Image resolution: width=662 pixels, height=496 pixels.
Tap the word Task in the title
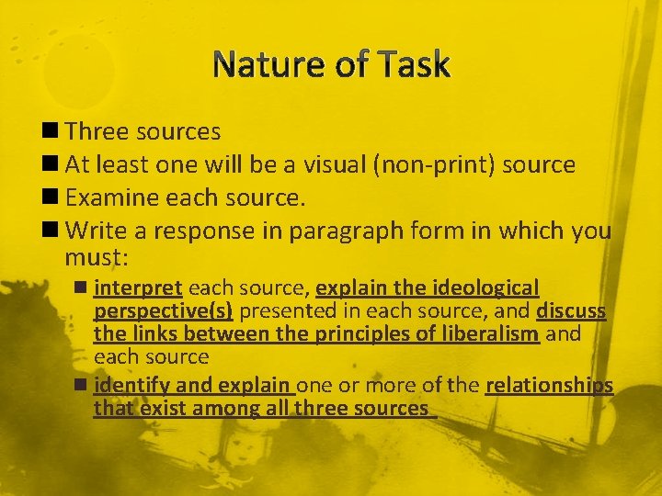[412, 65]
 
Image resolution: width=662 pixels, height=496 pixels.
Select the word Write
[96, 231]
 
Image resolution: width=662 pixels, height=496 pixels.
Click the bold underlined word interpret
[137, 287]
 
